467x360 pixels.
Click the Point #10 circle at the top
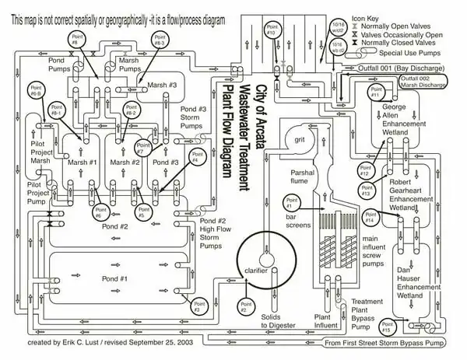tap(270, 32)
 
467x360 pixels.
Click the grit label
tap(297, 139)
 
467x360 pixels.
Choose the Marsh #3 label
tap(162, 85)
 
